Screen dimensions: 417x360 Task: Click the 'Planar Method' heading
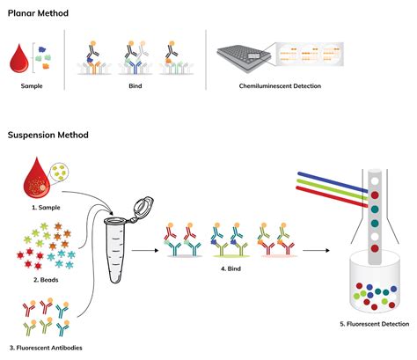click(38, 13)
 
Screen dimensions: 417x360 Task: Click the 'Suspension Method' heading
click(48, 135)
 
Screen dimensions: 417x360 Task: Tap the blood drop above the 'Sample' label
click(19, 59)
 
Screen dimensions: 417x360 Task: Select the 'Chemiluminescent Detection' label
click(280, 86)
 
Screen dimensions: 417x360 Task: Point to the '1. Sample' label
click(46, 208)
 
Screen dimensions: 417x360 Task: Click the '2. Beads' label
click(46, 280)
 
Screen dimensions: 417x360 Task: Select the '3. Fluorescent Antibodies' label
click(46, 348)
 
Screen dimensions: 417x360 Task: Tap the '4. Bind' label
click(230, 268)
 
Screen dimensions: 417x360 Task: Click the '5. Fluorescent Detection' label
click(375, 324)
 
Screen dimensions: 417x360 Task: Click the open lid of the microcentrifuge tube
click(143, 207)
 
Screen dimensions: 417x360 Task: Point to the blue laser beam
click(333, 182)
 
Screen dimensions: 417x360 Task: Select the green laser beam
click(333, 189)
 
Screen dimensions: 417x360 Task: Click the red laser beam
click(332, 196)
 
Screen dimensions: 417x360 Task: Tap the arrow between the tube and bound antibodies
click(145, 250)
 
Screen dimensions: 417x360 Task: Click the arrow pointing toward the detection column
click(316, 250)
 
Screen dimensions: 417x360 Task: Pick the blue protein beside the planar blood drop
click(43, 49)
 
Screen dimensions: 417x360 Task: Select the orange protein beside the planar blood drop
click(46, 66)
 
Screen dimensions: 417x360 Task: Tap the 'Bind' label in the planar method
click(135, 86)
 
